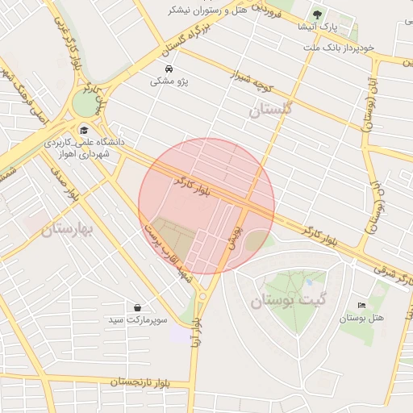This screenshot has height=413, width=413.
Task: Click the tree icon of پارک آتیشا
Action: tap(317, 14)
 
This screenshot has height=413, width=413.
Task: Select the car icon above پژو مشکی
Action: tap(168, 69)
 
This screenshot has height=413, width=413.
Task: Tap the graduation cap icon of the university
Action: tap(83, 130)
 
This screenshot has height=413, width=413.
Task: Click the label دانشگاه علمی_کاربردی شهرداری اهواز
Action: tap(91, 148)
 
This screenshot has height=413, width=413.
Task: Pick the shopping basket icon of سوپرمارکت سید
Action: tap(139, 307)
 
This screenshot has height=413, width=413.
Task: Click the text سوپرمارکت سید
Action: tap(138, 321)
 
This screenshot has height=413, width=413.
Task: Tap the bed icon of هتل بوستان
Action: tap(361, 306)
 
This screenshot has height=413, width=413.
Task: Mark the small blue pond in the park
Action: tap(308, 283)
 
